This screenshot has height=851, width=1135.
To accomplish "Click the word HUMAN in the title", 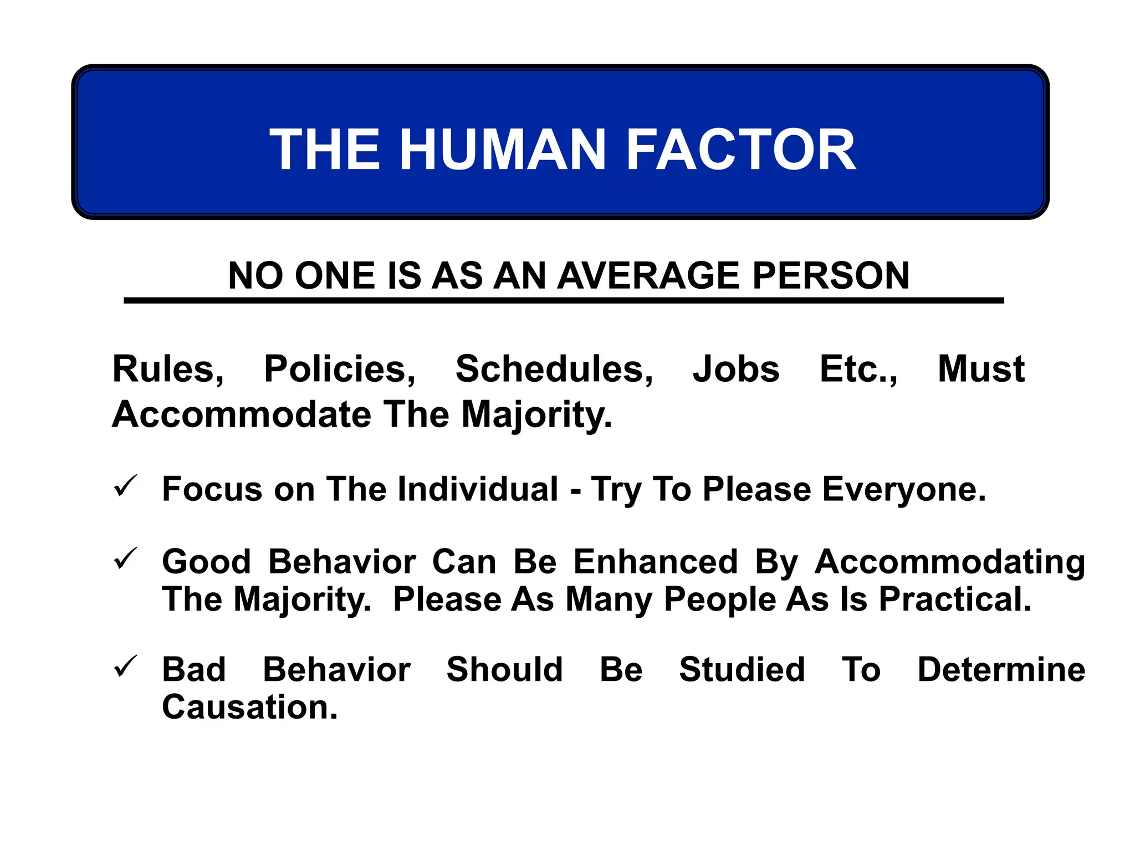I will (503, 150).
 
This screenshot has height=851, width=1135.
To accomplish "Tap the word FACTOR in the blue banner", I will (741, 150).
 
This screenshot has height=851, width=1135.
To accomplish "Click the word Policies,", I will (340, 370).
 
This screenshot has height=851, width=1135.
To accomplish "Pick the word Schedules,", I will (554, 370).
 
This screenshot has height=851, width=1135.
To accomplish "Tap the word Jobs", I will (736, 370).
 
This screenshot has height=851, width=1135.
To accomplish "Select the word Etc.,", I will (858, 370).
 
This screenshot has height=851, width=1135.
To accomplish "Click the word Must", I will (981, 370).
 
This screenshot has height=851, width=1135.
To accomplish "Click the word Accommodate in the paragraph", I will (242, 414).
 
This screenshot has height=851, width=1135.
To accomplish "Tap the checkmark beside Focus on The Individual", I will (125, 486).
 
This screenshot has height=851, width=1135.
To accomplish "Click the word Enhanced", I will (655, 562).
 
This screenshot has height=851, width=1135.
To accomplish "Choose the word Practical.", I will (955, 599).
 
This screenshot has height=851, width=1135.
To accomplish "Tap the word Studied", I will (742, 669).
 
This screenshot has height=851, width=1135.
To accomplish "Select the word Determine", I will (1001, 669).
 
